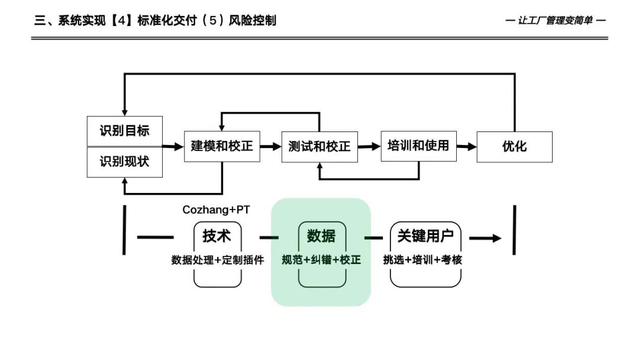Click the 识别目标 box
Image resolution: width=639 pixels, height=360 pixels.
(x=124, y=131)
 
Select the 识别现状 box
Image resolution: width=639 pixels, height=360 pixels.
(x=124, y=162)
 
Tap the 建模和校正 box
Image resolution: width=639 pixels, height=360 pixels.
(x=222, y=146)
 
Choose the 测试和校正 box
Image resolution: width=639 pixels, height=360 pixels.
(x=319, y=146)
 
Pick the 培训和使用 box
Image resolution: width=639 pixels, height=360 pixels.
(x=418, y=146)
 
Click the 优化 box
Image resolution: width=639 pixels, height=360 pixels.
(x=514, y=146)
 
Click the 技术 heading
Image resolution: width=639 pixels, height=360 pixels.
(x=217, y=236)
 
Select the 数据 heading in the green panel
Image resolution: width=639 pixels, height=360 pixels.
(x=321, y=236)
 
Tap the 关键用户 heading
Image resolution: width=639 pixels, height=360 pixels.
(x=425, y=236)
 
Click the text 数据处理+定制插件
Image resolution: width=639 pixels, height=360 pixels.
(x=218, y=260)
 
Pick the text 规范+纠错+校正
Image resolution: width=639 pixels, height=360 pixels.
(x=321, y=260)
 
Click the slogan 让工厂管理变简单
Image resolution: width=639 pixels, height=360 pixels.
(x=556, y=21)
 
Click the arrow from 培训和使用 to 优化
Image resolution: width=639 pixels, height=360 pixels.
(x=467, y=146)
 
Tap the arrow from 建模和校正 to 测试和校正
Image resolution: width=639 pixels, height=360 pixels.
(x=271, y=146)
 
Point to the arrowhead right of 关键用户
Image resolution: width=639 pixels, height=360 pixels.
(x=494, y=239)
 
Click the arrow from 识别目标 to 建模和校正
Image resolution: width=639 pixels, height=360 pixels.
(x=173, y=146)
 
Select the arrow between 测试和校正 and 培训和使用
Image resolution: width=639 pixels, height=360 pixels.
(x=369, y=146)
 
